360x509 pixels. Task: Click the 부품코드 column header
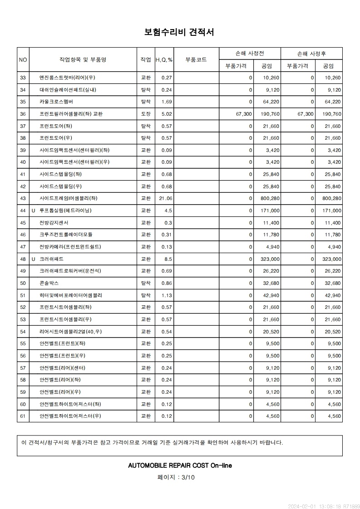(196, 59)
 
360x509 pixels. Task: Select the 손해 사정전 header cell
(250, 54)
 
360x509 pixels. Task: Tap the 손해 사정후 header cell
(311, 54)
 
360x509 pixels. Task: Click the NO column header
(23, 59)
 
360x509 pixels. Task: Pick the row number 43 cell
(23, 198)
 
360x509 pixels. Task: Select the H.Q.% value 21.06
(166, 198)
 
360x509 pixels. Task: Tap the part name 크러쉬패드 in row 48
(51, 259)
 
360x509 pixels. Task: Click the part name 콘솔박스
(49, 283)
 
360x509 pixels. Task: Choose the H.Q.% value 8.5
(168, 259)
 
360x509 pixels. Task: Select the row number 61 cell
(23, 416)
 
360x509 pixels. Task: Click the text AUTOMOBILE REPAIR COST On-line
(180, 465)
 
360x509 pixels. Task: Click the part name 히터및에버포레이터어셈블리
(71, 295)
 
